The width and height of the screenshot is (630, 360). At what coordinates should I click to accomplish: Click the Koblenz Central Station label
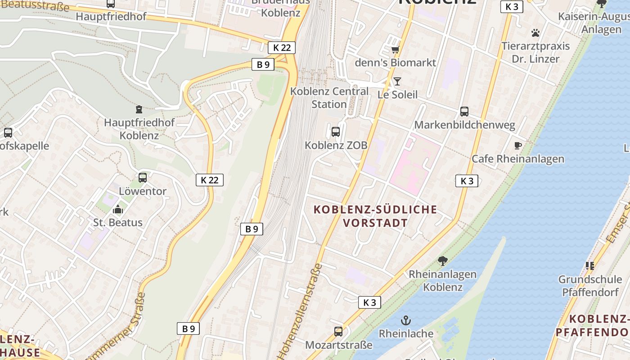(329, 98)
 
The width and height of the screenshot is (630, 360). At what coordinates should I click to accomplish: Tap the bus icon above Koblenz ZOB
(336, 132)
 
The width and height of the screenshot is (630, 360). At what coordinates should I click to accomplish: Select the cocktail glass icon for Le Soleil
(397, 81)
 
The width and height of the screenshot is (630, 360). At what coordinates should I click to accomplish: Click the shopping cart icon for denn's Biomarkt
(395, 49)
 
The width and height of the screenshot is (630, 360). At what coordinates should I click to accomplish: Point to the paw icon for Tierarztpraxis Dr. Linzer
(535, 33)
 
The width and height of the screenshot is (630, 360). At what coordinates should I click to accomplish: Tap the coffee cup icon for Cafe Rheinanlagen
(517, 145)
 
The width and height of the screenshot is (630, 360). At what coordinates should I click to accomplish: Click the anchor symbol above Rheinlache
(406, 320)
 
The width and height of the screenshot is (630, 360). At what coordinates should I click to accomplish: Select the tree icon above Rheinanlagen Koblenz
(443, 261)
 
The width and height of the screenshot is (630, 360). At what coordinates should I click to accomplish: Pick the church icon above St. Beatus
(118, 209)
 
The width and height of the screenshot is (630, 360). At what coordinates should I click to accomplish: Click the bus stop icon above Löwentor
(143, 178)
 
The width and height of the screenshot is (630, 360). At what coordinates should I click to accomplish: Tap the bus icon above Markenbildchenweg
(464, 112)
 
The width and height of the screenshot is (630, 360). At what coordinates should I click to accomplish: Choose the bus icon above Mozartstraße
(338, 332)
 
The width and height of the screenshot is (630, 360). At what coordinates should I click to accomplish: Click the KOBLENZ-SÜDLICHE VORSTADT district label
(375, 216)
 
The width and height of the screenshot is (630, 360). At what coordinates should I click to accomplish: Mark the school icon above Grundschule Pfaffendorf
(589, 266)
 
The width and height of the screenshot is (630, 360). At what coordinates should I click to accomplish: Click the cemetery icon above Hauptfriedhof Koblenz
(139, 109)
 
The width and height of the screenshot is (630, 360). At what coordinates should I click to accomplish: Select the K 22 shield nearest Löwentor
(209, 180)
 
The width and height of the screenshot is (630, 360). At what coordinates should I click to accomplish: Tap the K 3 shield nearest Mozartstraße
(369, 302)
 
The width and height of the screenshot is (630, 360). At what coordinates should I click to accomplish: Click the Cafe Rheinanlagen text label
(517, 159)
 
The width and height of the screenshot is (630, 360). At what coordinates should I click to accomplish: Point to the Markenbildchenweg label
(464, 125)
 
